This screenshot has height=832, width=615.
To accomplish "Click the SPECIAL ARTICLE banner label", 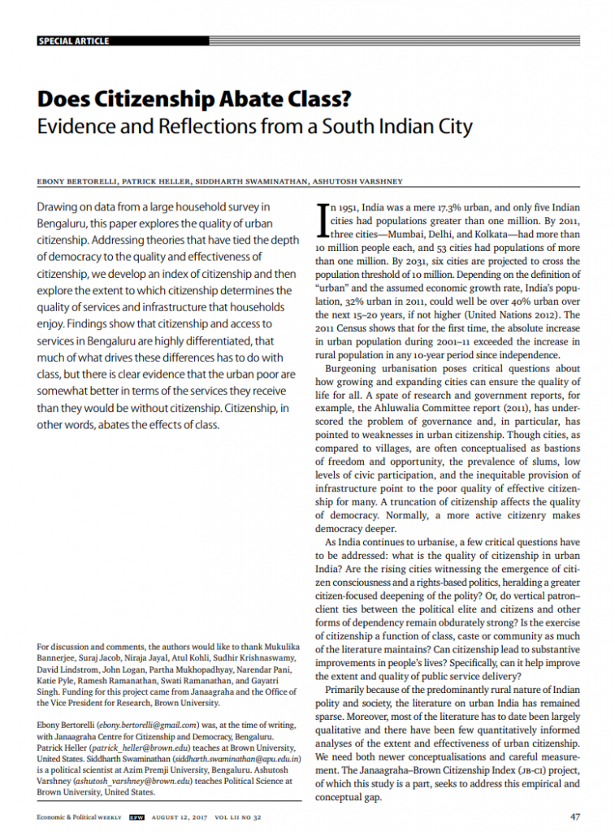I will pyautogui.click(x=73, y=41).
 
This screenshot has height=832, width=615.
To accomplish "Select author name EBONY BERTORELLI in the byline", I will pyautogui.click(x=73, y=181).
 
